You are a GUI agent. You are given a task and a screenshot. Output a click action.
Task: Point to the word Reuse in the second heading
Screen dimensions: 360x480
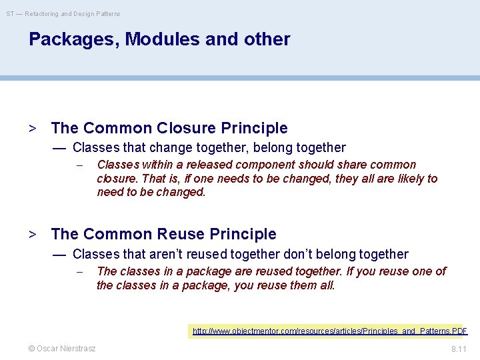pos(181,234)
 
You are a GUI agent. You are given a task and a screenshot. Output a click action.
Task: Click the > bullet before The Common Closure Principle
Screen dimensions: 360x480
pos(32,128)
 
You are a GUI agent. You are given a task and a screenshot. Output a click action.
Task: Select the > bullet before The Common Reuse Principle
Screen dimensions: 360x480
pos(32,234)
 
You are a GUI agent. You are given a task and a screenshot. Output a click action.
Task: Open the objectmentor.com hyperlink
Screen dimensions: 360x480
pos(330,331)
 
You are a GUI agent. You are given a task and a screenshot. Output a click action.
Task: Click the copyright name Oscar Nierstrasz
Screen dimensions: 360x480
pos(61,348)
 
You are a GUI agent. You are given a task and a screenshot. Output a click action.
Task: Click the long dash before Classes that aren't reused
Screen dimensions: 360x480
pos(59,255)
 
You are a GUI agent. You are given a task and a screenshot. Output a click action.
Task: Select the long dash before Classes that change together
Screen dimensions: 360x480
pos(59,148)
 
